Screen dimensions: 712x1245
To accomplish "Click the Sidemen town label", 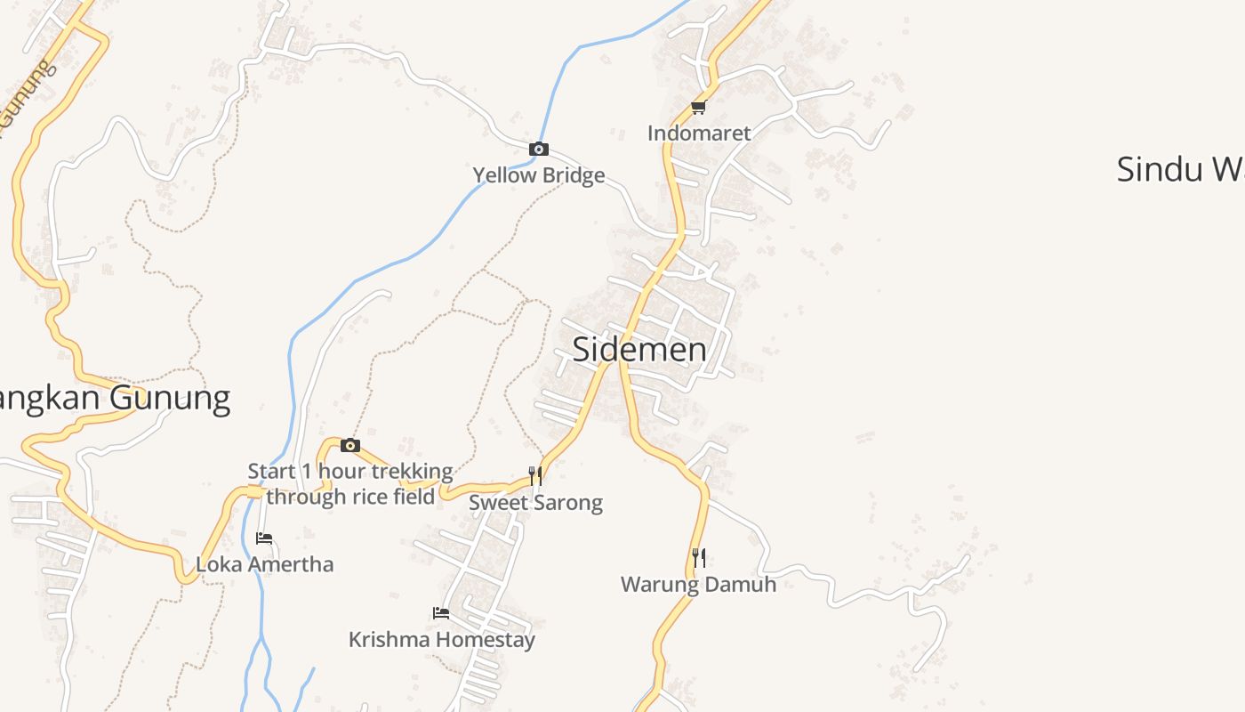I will (639, 349).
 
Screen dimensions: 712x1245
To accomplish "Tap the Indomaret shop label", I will (699, 133).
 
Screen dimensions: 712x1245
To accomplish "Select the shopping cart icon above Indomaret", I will (698, 108).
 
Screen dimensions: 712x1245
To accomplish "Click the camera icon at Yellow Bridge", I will (538, 149).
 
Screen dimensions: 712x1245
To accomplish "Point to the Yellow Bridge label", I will (538, 175).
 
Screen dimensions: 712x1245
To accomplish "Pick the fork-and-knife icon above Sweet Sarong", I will (535, 475).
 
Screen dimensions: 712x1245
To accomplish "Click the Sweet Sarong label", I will (535, 503).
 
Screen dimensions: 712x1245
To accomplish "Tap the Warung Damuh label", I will (698, 585).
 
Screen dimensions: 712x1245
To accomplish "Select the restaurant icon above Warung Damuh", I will (699, 558).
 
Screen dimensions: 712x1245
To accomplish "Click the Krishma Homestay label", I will (441, 640).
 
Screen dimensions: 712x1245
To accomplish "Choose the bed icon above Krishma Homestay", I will (440, 612).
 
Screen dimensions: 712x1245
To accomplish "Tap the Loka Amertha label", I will (265, 564).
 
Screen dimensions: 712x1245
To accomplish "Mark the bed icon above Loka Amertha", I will (264, 538).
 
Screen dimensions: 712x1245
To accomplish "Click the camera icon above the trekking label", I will (350, 445).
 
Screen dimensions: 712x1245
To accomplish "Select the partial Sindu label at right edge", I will (1179, 169).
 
